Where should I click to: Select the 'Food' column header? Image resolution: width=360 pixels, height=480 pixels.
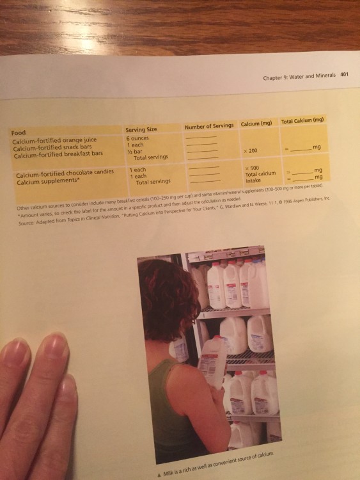coord(19,132)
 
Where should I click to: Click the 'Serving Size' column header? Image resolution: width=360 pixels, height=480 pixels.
coord(141,129)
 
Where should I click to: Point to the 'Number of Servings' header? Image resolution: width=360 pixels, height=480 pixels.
coord(208,126)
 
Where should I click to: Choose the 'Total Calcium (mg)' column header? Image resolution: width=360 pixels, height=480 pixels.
coord(303,120)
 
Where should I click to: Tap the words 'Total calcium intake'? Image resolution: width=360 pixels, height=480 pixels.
coord(260,177)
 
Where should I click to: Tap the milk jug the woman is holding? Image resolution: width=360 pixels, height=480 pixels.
coord(212,362)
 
